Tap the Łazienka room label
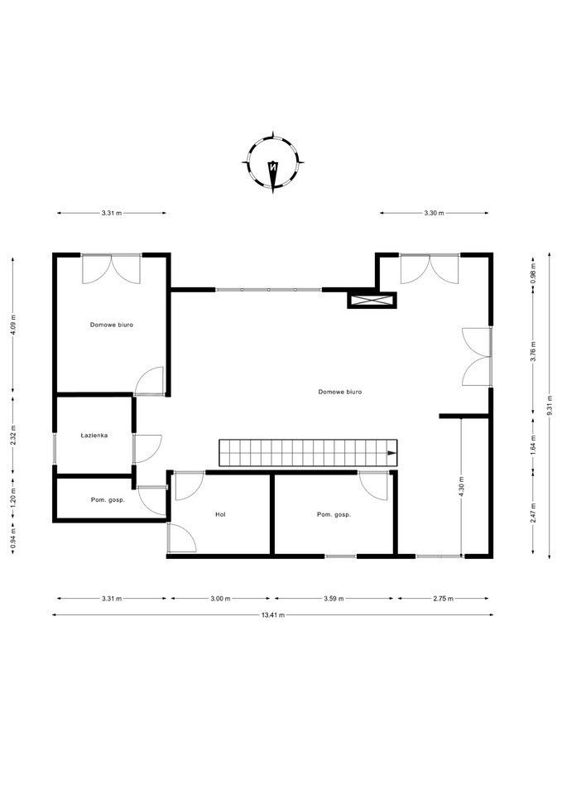point(94,435)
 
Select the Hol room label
point(220,514)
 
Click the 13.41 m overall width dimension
point(273,615)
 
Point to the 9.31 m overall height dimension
point(550,405)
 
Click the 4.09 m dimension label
point(13,325)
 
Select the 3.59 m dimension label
point(334,598)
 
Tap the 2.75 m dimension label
point(443,598)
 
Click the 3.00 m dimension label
point(220,598)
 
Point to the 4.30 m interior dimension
point(461,486)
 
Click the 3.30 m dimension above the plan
point(434,213)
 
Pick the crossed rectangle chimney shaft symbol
point(372,300)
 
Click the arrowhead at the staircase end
point(391,453)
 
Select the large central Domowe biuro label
point(340,392)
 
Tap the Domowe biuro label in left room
point(112,325)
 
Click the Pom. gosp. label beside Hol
point(334,514)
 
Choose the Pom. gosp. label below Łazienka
point(108,499)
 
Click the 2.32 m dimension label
point(13,435)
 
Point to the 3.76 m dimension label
point(533,351)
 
